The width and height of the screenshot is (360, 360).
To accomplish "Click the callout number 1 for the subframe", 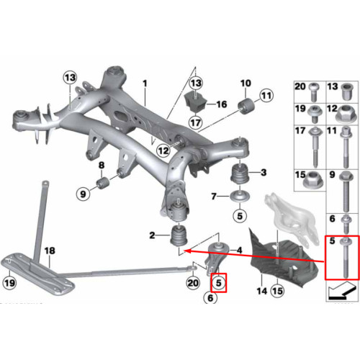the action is pyautogui.click(x=145, y=84).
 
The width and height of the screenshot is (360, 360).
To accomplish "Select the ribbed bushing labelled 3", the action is pyautogui.click(x=240, y=173).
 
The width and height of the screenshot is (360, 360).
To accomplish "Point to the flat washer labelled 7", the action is pyautogui.click(x=240, y=197).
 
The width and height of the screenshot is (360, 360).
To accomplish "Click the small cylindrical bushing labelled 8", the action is pyautogui.click(x=103, y=183).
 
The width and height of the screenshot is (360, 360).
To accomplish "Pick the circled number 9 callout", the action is pyautogui.click(x=83, y=194).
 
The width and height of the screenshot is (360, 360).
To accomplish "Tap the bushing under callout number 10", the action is pyautogui.click(x=246, y=106).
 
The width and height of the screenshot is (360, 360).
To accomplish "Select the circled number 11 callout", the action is pyautogui.click(x=266, y=96).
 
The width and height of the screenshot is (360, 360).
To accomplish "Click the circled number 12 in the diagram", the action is pyautogui.click(x=163, y=150).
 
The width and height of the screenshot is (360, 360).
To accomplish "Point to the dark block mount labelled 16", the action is pyautogui.click(x=196, y=102).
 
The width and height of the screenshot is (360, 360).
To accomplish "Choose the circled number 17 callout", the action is pyautogui.click(x=196, y=122).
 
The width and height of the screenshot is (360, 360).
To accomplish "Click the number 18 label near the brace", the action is pyautogui.click(x=50, y=251).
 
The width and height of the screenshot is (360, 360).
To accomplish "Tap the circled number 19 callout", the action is pyautogui.click(x=9, y=283).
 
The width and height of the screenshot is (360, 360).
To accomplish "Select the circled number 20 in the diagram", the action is pyautogui.click(x=193, y=283).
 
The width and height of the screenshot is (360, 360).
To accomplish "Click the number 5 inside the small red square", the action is pyautogui.click(x=218, y=283).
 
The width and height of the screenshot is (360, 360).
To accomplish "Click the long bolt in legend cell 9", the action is pyautogui.click(x=346, y=192).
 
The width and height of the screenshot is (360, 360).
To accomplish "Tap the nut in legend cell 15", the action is pyautogui.click(x=313, y=180).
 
